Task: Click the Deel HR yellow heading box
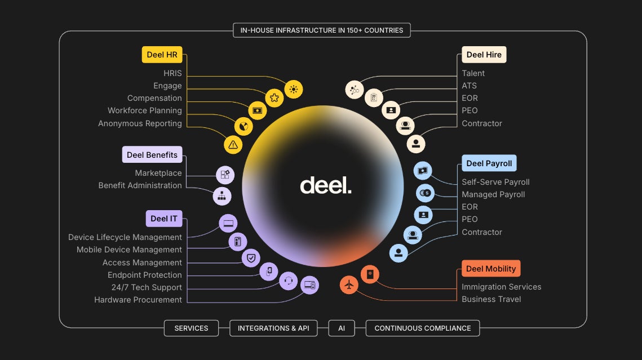(x=162, y=55)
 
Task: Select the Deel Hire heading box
(x=484, y=55)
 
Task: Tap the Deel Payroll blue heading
(x=489, y=163)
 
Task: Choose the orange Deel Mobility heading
(x=490, y=269)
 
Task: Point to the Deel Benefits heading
(x=152, y=155)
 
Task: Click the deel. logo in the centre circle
(x=325, y=185)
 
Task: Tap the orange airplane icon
(x=349, y=285)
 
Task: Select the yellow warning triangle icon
(x=233, y=144)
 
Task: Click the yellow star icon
(x=274, y=97)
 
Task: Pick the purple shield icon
(x=251, y=258)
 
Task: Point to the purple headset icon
(x=289, y=281)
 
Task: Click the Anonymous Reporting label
(x=140, y=123)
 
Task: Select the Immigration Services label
(x=501, y=287)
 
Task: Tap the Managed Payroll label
(x=493, y=194)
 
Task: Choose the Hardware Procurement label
(x=138, y=300)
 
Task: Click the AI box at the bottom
(x=342, y=328)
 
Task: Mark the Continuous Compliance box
(x=422, y=328)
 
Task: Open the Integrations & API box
(x=273, y=328)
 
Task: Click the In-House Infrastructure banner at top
(x=322, y=30)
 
